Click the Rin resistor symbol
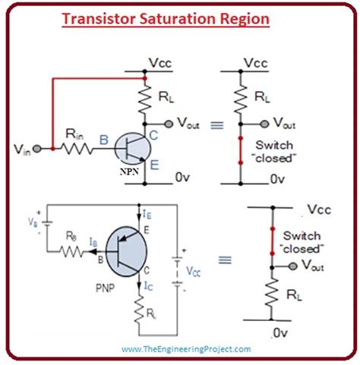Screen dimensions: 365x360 pos(77,149)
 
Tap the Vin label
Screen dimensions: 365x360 pos(21,149)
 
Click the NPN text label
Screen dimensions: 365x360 pos(129,173)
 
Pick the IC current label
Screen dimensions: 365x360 pos(148,287)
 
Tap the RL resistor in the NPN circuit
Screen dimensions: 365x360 pos(144,97)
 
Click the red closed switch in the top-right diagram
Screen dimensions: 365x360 pos(240,152)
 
